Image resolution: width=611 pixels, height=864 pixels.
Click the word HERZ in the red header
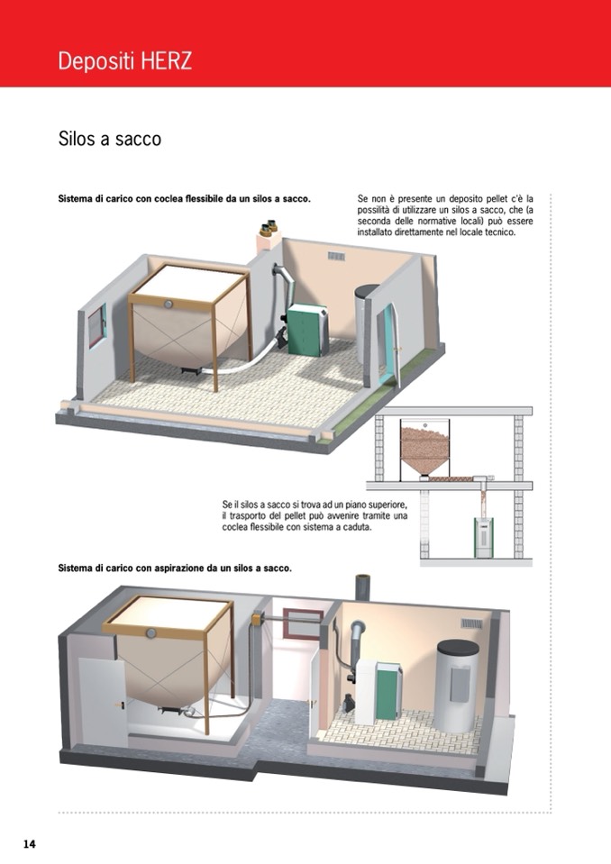[x=165, y=60]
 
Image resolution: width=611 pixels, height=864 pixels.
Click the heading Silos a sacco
[x=110, y=139]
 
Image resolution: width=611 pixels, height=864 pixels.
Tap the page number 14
[x=29, y=843]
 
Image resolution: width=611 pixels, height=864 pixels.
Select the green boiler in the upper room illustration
[x=305, y=331]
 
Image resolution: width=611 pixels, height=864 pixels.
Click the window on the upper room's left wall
[x=96, y=325]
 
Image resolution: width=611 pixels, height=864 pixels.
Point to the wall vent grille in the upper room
[x=336, y=256]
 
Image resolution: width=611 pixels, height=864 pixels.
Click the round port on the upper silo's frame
[x=168, y=305]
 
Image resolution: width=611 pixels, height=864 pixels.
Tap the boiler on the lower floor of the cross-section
[x=483, y=537]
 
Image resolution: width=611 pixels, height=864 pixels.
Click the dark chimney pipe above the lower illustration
[x=362, y=587]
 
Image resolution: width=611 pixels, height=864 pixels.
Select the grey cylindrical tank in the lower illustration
[x=458, y=686]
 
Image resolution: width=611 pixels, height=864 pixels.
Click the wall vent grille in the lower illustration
[x=471, y=623]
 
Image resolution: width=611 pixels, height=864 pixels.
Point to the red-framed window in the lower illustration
[x=303, y=623]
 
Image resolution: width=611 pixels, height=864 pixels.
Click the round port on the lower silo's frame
[x=150, y=633]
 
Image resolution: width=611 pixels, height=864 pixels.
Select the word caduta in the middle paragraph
[x=358, y=527]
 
